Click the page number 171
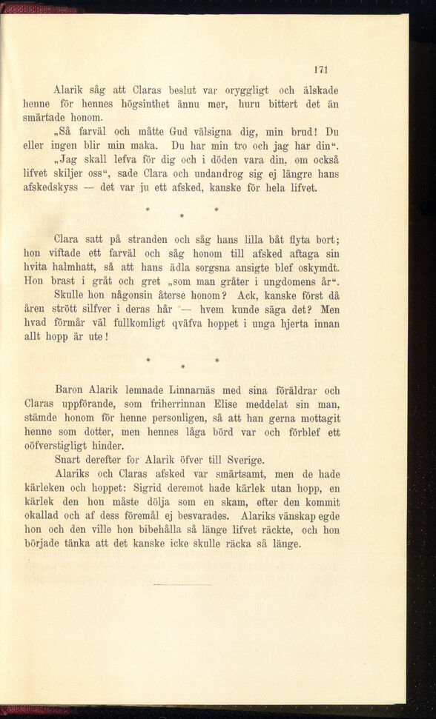(320, 70)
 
